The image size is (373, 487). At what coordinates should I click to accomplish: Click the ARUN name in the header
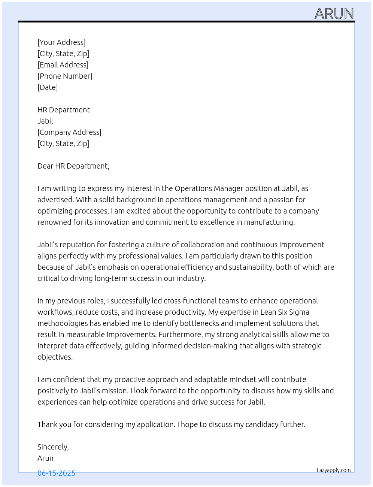click(334, 14)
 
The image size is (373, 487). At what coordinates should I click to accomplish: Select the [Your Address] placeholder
click(61, 42)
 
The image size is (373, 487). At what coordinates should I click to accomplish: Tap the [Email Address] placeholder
click(63, 65)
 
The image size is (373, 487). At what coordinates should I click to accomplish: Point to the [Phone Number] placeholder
click(65, 76)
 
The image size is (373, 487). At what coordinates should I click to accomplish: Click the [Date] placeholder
click(48, 87)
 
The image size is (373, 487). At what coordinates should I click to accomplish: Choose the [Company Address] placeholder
click(69, 132)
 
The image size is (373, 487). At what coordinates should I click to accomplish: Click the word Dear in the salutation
click(45, 166)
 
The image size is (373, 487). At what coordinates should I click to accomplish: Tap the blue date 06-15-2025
click(56, 473)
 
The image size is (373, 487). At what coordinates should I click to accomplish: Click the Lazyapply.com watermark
click(334, 470)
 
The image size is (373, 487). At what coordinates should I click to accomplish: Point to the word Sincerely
click(52, 447)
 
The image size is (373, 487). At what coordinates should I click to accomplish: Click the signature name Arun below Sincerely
click(45, 458)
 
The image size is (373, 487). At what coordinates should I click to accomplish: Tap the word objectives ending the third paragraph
click(54, 357)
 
